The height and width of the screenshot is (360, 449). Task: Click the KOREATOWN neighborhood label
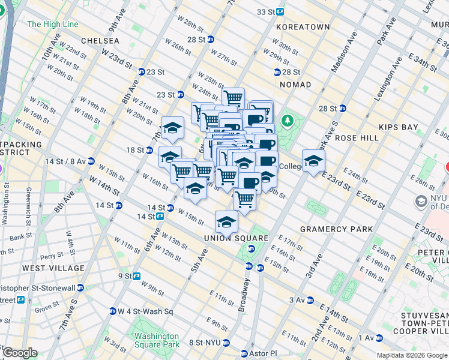(303, 27)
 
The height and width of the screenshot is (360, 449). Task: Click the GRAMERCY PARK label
(336, 229)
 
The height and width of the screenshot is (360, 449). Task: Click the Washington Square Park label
(157, 340)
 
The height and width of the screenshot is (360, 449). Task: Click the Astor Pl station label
(258, 353)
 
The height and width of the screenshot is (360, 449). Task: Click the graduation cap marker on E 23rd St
(313, 161)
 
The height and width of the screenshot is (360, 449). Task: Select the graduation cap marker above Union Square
(226, 221)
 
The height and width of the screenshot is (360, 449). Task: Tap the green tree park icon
(288, 121)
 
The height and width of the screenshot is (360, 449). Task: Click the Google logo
(20, 353)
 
